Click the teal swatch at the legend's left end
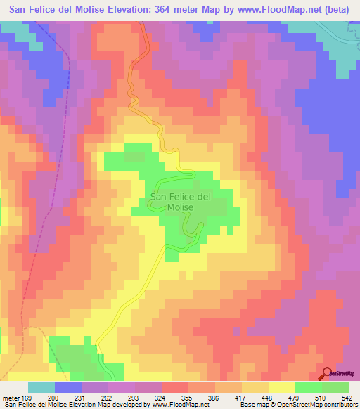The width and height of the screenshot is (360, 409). click(41, 387)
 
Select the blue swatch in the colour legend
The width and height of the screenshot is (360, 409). click(68, 387)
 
